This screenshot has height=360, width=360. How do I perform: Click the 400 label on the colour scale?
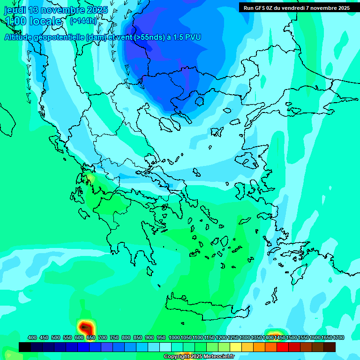32,337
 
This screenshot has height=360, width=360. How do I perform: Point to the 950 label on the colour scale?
161,337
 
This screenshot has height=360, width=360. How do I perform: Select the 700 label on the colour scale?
103,337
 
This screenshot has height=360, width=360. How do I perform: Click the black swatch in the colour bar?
25,347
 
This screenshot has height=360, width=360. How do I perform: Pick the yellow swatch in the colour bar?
236,347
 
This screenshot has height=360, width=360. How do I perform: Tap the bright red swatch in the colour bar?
283,347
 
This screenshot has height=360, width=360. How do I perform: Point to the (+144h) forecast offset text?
83,21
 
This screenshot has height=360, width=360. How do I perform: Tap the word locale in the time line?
45,22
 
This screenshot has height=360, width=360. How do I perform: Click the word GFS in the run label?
259,8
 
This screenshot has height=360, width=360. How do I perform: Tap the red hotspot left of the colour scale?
85,327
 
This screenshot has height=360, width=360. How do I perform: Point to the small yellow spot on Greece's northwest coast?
89,178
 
